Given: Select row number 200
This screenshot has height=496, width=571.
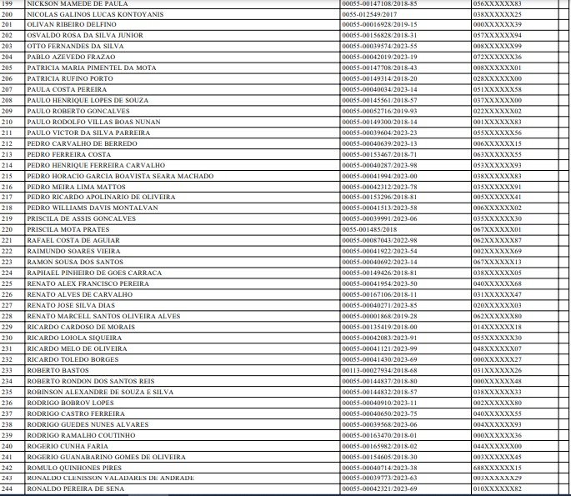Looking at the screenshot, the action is click(x=8, y=14).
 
